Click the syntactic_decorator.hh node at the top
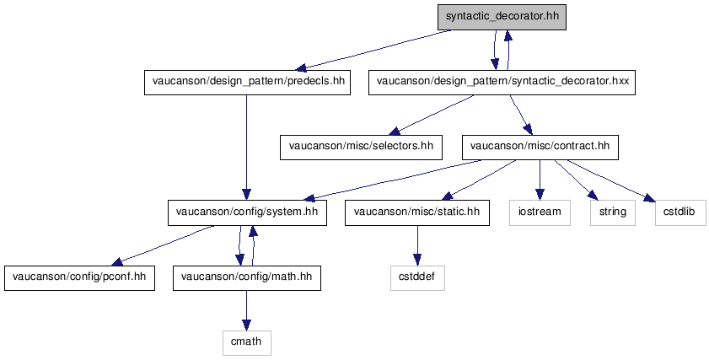click(x=502, y=17)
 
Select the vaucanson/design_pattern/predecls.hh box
click(x=247, y=83)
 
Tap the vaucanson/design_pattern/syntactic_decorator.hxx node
click(x=502, y=83)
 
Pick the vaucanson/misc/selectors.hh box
click(x=361, y=147)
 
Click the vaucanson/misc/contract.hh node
click(x=540, y=147)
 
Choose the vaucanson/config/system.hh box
click(x=247, y=212)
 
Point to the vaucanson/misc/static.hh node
click(x=417, y=212)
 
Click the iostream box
click(x=540, y=212)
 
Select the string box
click(x=613, y=212)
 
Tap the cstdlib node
click(x=680, y=212)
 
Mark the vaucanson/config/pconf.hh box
click(x=79, y=277)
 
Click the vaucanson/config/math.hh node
click(x=247, y=277)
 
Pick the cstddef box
click(x=417, y=277)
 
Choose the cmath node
click(x=246, y=342)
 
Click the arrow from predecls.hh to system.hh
click(x=246, y=148)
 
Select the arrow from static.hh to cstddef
click(x=417, y=245)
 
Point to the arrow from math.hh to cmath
click(x=246, y=310)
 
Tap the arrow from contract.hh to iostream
click(x=540, y=180)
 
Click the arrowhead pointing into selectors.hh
click(x=395, y=132)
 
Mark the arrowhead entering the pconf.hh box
click(x=117, y=262)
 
